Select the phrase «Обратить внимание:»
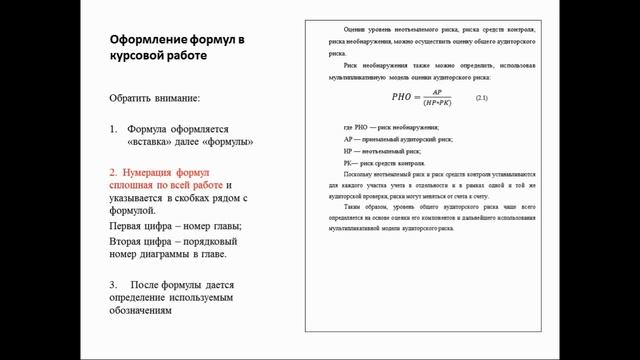[155, 98]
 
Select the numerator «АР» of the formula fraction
[436, 91]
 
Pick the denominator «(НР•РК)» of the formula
[436, 102]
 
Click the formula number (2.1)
[482, 96]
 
